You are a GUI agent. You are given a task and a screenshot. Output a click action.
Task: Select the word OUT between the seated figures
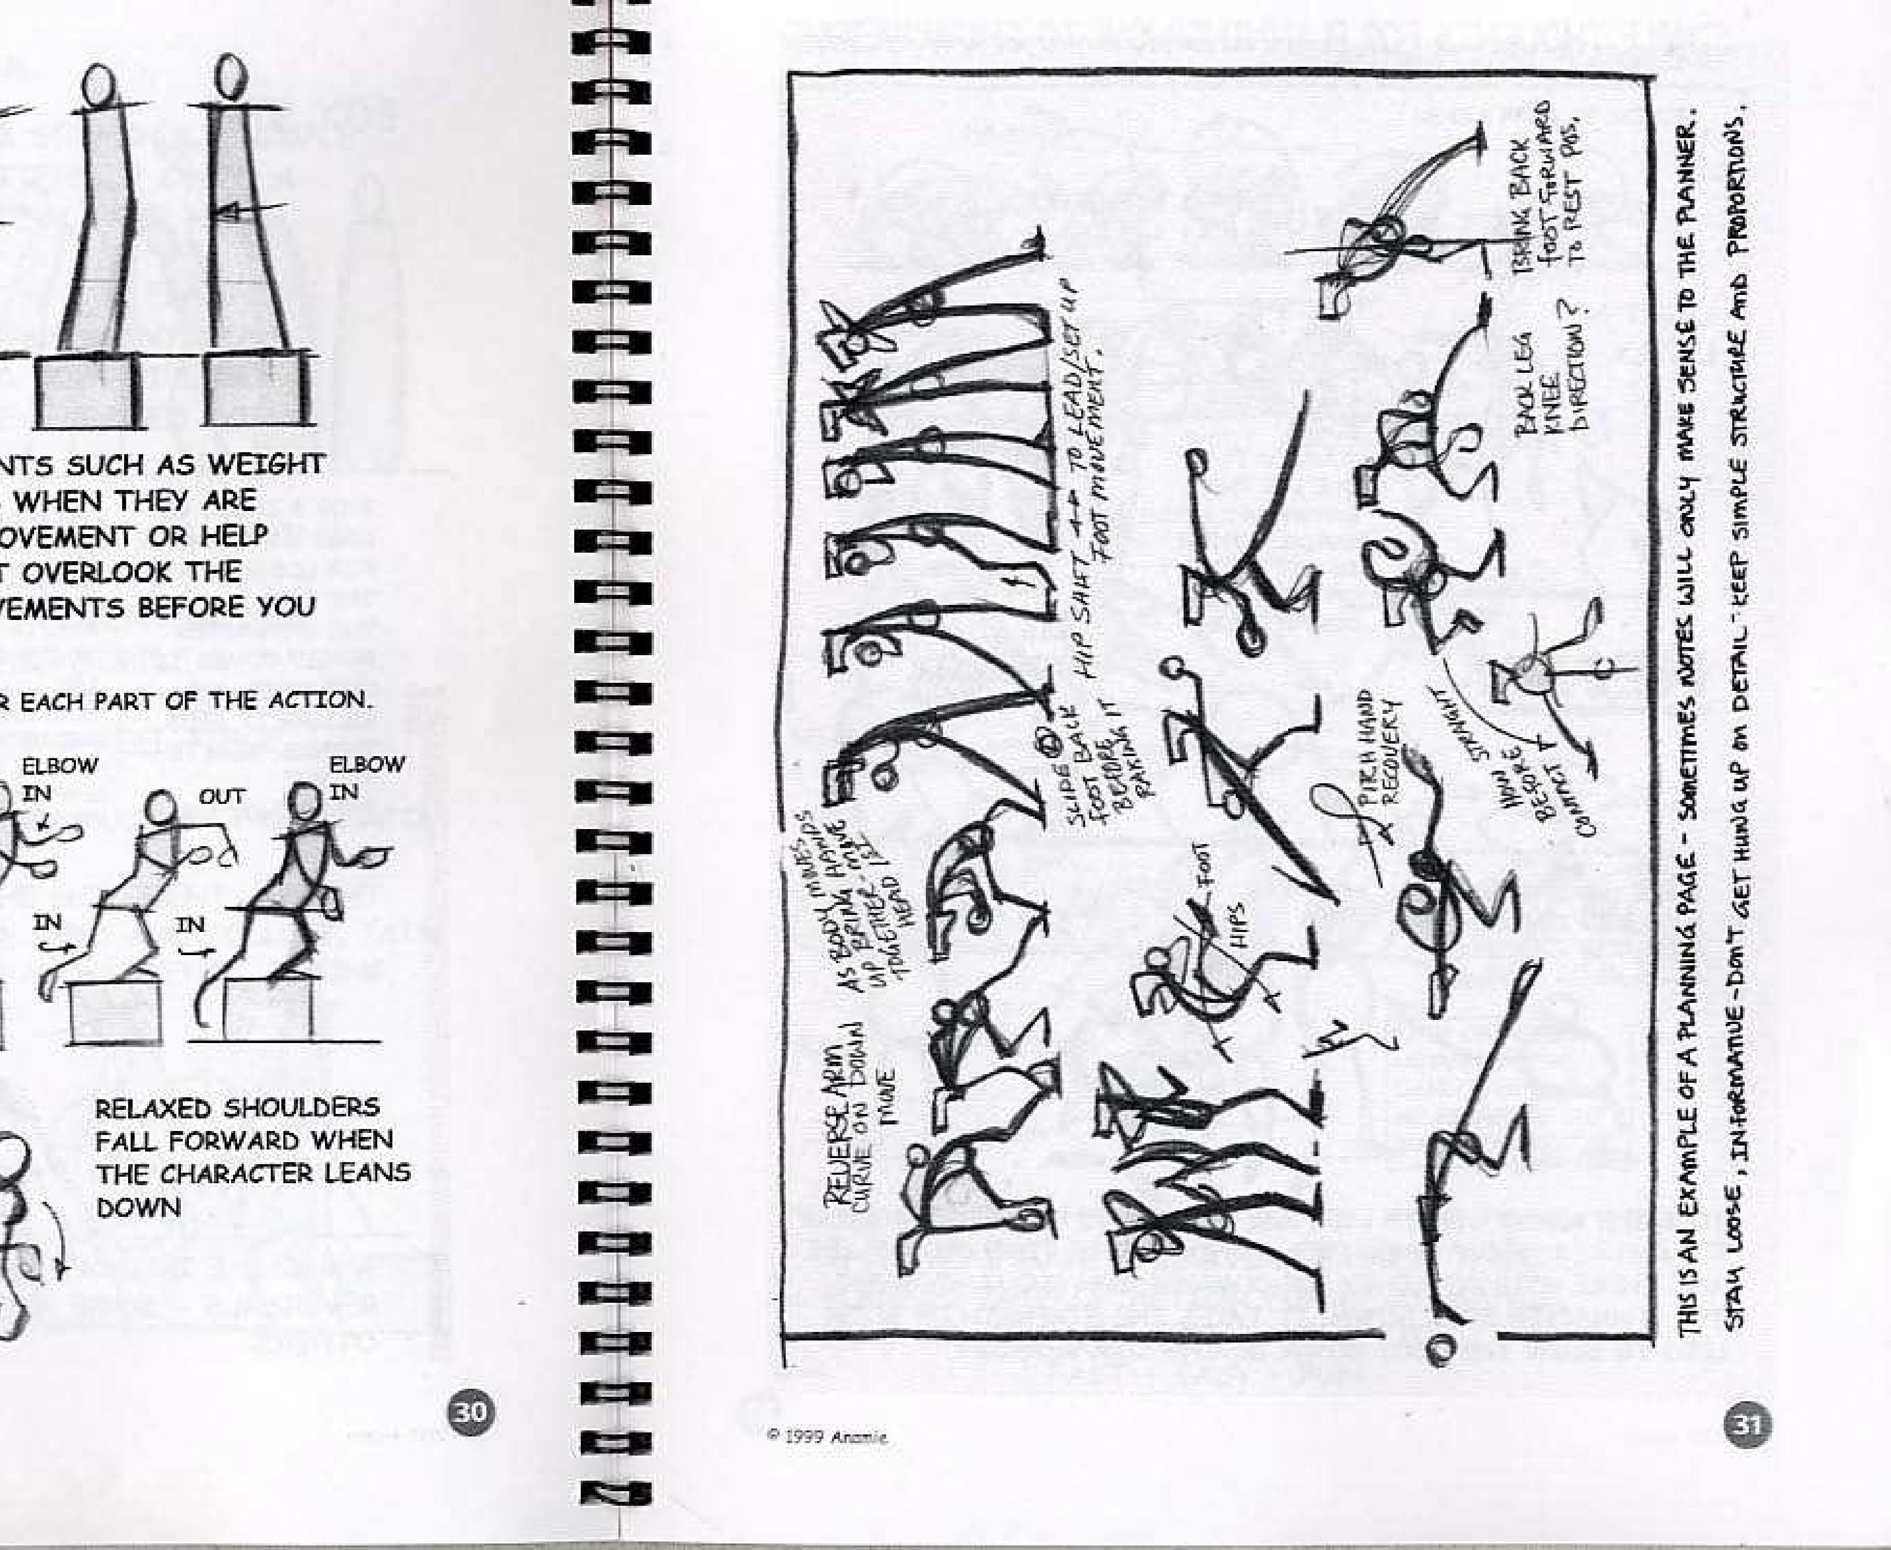click(x=222, y=795)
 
